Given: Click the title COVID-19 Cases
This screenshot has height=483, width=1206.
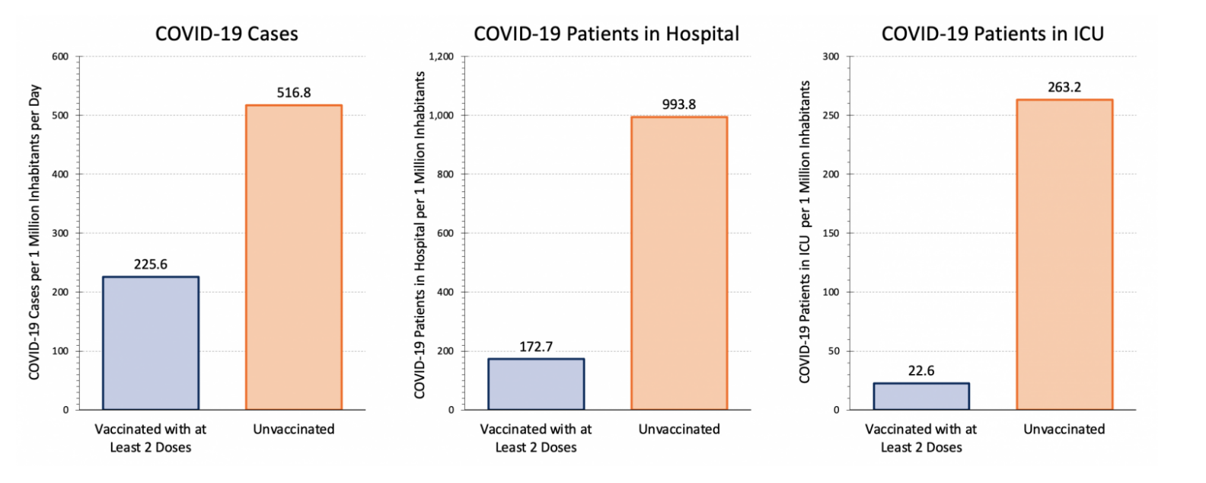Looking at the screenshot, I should tap(226, 34).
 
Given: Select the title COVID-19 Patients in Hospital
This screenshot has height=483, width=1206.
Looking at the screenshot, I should tap(606, 34).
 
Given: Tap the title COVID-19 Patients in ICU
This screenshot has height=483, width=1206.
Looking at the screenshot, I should tap(992, 34).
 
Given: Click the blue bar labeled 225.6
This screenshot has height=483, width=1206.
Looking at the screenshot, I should tap(151, 343).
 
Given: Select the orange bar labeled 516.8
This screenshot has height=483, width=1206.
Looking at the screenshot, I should tap(294, 257).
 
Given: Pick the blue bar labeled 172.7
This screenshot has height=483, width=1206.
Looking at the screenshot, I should tap(536, 384).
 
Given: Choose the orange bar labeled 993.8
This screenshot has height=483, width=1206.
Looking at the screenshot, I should tap(679, 263).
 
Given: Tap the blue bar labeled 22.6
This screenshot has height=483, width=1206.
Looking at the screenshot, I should tap(921, 396).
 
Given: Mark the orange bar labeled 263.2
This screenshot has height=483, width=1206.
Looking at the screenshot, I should tap(1064, 254).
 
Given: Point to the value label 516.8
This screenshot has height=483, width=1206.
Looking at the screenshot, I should tap(294, 93).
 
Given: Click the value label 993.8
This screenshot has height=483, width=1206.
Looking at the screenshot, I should tap(679, 104).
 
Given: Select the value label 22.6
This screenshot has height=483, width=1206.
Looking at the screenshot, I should tap(921, 371).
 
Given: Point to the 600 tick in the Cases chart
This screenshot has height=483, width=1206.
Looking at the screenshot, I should tap(60, 56).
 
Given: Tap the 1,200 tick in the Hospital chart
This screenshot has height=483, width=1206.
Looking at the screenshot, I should tap(441, 56).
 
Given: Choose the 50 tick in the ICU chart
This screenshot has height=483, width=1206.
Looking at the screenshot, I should tap(834, 351).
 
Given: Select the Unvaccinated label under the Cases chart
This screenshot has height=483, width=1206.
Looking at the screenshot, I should tap(294, 430).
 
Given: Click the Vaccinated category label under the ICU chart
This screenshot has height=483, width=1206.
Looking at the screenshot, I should tap(921, 438).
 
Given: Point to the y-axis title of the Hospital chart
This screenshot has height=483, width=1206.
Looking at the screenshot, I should tap(420, 235).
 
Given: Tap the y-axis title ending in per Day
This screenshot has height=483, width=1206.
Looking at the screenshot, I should tap(34, 232).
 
